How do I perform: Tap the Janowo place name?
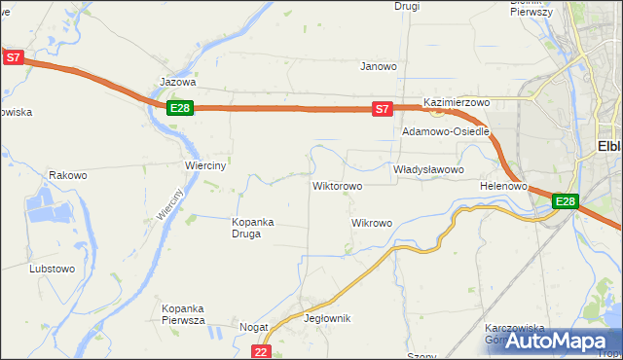pyautogui.click(x=379, y=67)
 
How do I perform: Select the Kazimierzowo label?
pyautogui.click(x=456, y=102)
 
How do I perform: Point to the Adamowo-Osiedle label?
pyautogui.click(x=445, y=130)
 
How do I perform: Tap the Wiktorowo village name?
pyautogui.click(x=337, y=186)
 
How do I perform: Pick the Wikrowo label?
pyautogui.click(x=371, y=223)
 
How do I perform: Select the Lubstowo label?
pyautogui.click(x=53, y=269)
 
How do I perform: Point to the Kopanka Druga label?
pyautogui.click(x=253, y=228)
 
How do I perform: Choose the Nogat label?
pyautogui.click(x=254, y=328)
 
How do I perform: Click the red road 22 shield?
pyautogui.click(x=260, y=351)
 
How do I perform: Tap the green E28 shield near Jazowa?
pyautogui.click(x=179, y=108)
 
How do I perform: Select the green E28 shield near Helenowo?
pyautogui.click(x=566, y=201)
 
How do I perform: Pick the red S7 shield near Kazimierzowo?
pyautogui.click(x=383, y=109)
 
